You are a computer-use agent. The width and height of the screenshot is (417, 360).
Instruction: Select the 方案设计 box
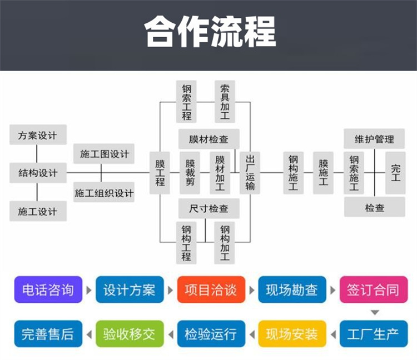(x=37, y=136)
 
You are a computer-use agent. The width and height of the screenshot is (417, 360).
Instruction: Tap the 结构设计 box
(x=37, y=172)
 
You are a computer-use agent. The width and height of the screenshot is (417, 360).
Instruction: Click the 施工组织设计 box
(x=104, y=193)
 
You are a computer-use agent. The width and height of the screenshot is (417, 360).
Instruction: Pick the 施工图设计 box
(x=104, y=154)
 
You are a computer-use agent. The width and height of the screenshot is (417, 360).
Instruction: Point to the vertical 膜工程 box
(x=160, y=172)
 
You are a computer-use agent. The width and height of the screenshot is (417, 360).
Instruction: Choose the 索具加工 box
(x=225, y=101)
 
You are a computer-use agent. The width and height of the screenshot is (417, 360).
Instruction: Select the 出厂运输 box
(x=250, y=172)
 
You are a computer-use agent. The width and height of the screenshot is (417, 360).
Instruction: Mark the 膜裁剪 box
(x=190, y=172)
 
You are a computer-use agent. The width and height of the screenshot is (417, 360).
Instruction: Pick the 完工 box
(x=395, y=172)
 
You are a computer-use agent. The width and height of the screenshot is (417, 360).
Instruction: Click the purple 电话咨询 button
(x=48, y=290)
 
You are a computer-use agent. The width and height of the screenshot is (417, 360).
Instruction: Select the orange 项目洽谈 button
(x=210, y=290)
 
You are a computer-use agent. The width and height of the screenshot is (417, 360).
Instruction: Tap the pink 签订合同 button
(x=373, y=290)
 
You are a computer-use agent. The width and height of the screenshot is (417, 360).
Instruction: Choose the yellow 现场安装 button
(x=291, y=334)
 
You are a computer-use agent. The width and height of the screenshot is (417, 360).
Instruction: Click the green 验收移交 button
(x=129, y=334)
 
